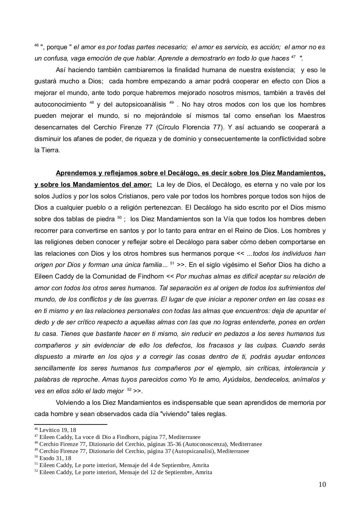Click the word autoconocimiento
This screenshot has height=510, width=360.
coord(60,104)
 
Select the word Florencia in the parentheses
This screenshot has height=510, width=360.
coord(197,127)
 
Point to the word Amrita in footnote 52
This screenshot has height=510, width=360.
coord(204,472)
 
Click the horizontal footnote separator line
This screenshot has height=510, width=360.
coord(71,425)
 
